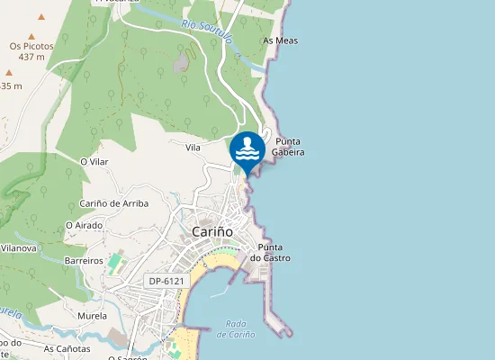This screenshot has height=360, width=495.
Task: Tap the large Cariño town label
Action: (x=212, y=232)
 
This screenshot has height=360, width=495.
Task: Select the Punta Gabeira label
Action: (x=289, y=147)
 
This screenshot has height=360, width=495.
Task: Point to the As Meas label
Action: (x=280, y=40)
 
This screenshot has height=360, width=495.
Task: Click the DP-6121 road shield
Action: (x=167, y=282)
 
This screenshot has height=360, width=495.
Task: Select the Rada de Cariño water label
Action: (x=236, y=329)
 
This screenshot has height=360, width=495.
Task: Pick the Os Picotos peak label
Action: (x=31, y=46)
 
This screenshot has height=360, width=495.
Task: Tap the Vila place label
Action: (x=193, y=147)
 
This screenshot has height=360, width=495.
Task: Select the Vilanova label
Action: (x=18, y=247)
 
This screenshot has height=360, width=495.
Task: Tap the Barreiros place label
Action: (x=85, y=260)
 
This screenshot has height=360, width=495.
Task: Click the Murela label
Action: (x=92, y=316)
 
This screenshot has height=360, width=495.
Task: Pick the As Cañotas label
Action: (x=67, y=348)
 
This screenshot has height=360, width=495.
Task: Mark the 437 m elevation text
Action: (x=31, y=57)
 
